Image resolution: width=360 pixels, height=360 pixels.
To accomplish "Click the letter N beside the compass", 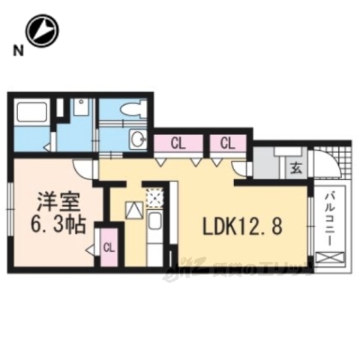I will [x=14, y=51].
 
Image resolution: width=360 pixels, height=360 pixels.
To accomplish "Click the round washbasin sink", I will [x=137, y=137].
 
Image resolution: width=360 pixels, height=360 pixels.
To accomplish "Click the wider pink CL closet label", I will [x=178, y=142].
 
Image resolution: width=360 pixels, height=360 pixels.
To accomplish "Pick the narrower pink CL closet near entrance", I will [x=227, y=142].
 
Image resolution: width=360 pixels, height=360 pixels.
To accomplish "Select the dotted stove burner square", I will [x=153, y=196].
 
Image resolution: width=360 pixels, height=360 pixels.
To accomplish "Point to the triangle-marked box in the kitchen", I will [x=133, y=211].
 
